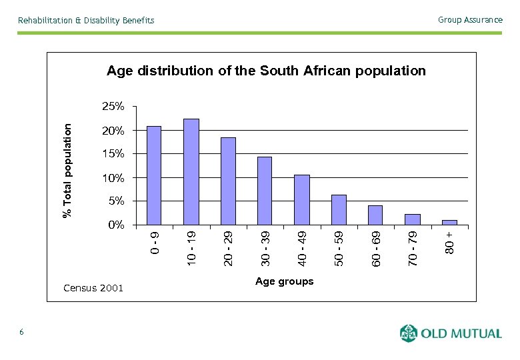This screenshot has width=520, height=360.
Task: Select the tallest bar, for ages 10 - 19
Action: [x=191, y=172]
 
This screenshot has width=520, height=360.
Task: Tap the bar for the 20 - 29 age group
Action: [x=228, y=181]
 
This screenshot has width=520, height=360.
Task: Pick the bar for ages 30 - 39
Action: [x=265, y=191]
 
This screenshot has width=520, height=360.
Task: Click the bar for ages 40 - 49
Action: [x=301, y=200]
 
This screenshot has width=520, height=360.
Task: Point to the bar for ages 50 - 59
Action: [x=339, y=210]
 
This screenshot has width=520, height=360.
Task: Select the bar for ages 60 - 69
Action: [x=375, y=215]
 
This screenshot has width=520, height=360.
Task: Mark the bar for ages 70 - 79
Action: [x=412, y=219]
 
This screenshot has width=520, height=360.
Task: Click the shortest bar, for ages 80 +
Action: [x=449, y=223]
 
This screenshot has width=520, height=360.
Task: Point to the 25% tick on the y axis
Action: [x=113, y=107]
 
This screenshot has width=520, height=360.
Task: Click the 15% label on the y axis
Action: [x=113, y=154]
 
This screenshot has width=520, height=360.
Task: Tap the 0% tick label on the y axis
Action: [x=116, y=225]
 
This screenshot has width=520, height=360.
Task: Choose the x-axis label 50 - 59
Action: [x=339, y=249]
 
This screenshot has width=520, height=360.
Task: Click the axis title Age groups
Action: [x=284, y=281]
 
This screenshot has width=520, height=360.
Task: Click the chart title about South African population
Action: [x=266, y=71]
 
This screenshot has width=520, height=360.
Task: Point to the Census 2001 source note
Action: [x=93, y=288]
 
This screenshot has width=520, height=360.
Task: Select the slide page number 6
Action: [x=22, y=332]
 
